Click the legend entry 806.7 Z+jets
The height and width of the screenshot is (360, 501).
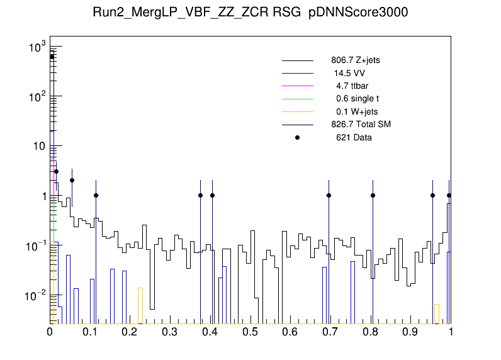tap(355, 61)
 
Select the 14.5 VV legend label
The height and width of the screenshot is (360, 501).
tap(349, 73)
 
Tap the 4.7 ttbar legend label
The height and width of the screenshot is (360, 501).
tap(352, 86)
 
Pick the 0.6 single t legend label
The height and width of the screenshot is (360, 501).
tap(357, 98)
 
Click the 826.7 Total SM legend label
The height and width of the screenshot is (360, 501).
tap(361, 124)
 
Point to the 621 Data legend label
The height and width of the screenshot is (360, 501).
tap(353, 137)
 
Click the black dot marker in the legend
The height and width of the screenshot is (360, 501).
tap(297, 137)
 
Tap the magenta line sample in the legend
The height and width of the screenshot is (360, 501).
tap(297, 86)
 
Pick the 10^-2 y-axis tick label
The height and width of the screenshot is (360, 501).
tap(35, 295)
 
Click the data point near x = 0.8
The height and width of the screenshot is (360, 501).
tap(373, 195)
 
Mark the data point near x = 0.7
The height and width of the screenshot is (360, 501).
tap(329, 195)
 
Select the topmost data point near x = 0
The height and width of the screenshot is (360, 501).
tap(52, 57)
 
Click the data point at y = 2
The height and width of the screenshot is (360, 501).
tap(72, 180)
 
